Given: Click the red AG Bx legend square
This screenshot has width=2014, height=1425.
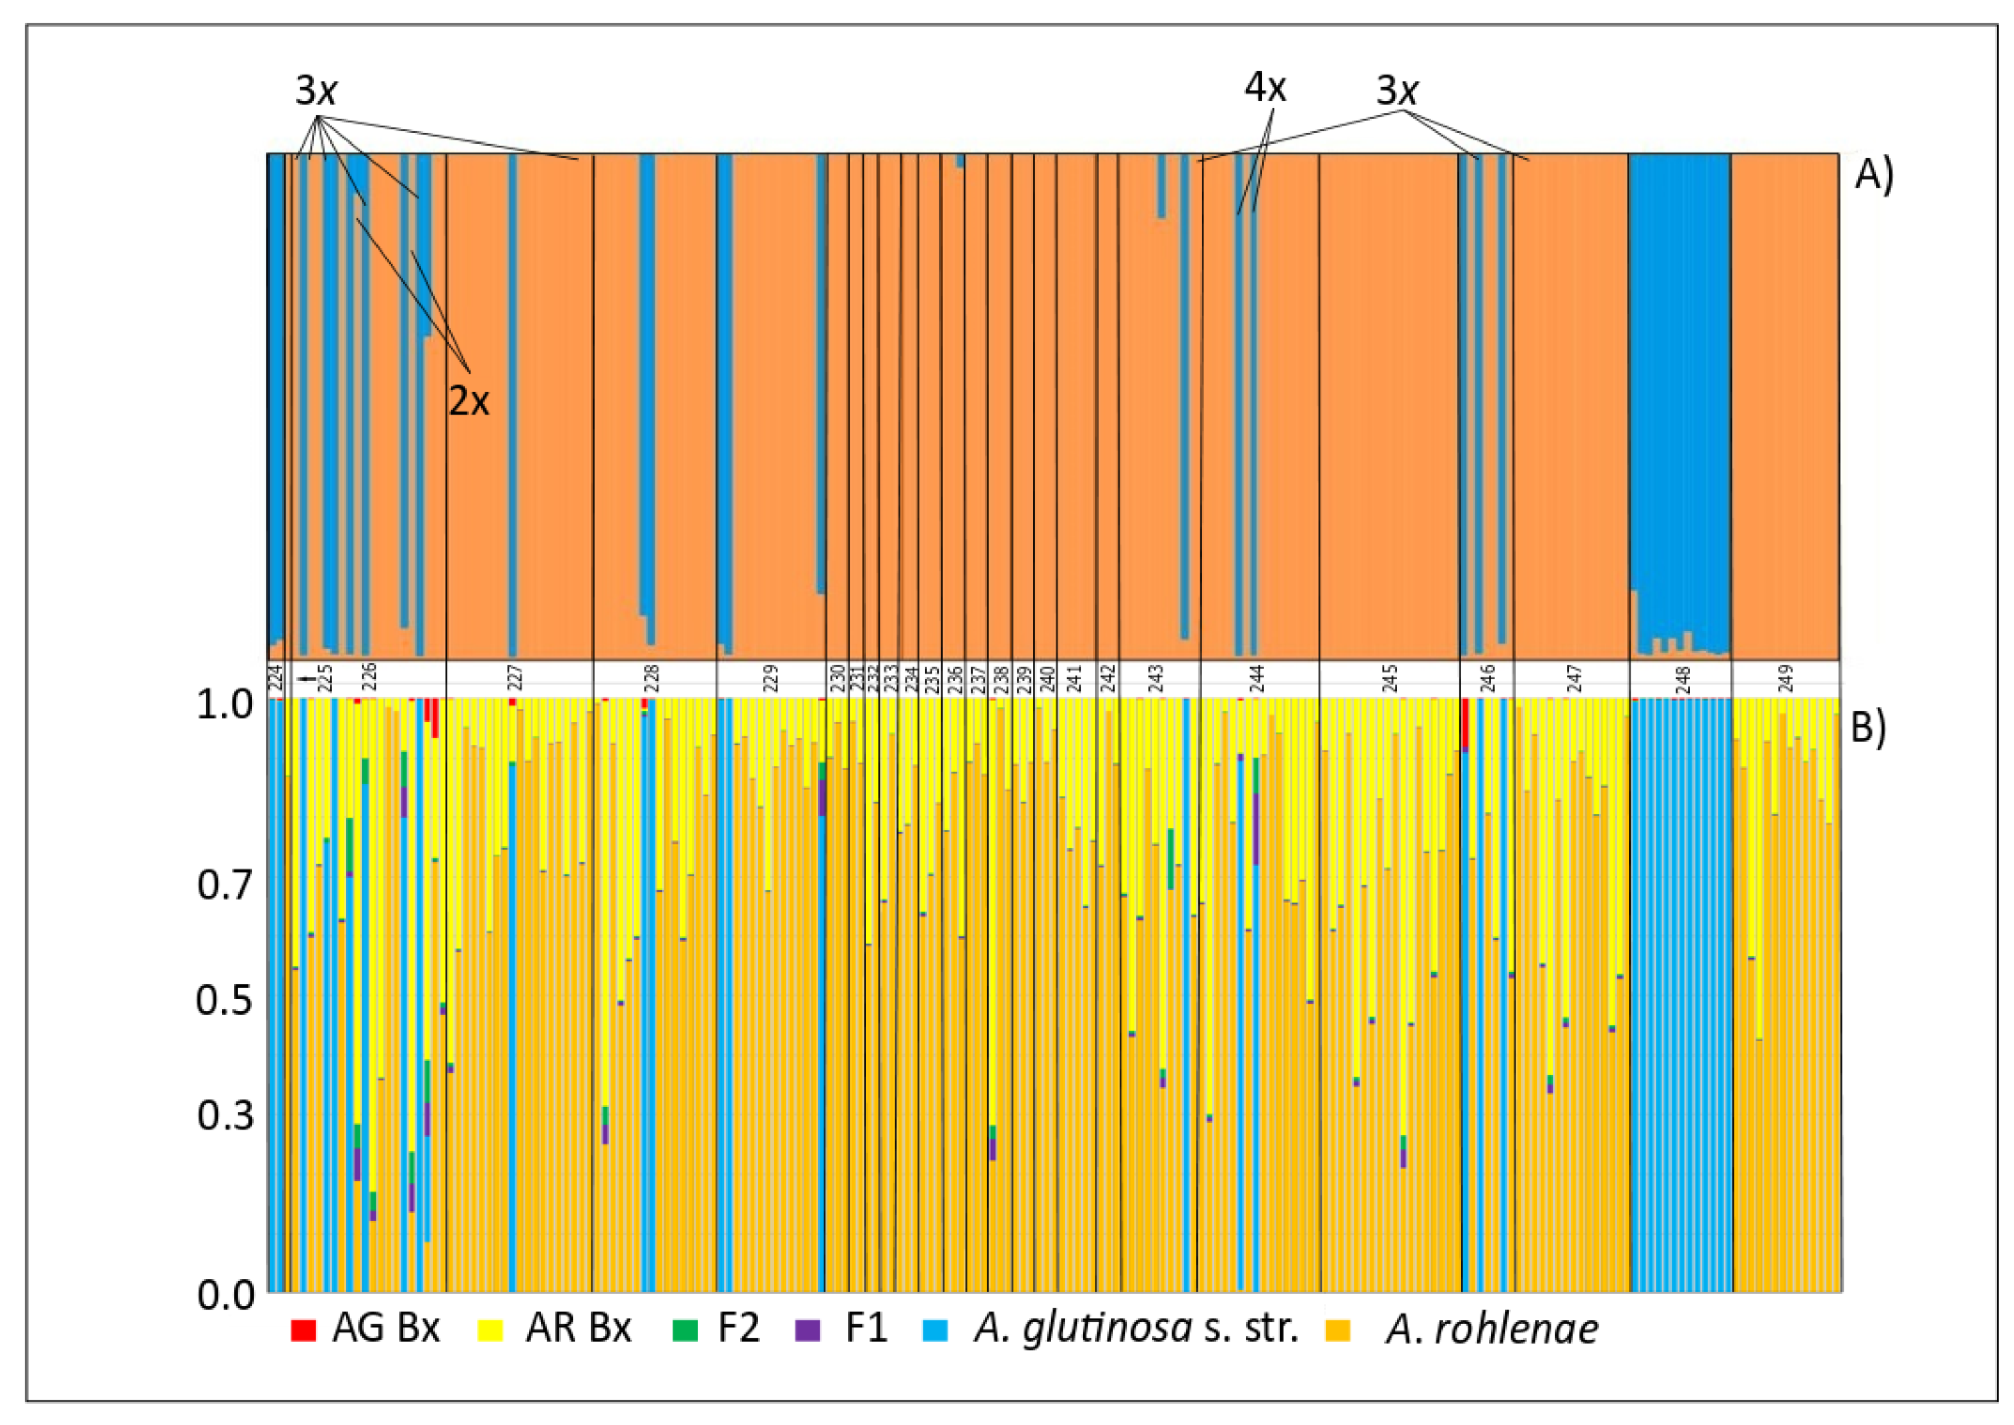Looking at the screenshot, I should click(x=303, y=1330).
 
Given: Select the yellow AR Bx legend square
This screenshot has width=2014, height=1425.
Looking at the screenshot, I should click(x=491, y=1330).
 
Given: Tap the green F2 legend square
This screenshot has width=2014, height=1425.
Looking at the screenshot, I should click(x=684, y=1330).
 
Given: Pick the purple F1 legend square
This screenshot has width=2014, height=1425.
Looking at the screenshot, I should click(x=808, y=1330).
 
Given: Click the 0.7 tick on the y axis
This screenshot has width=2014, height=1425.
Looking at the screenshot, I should click(x=225, y=884).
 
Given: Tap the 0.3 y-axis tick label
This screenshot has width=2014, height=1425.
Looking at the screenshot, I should click(x=225, y=1115).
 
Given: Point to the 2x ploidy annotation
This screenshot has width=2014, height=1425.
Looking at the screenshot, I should click(x=469, y=402).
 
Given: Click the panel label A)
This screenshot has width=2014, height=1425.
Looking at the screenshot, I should click(x=1874, y=176).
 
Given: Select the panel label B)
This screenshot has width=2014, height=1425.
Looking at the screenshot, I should click(x=1868, y=728).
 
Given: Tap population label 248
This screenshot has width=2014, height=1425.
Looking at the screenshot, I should click(x=1682, y=679).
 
